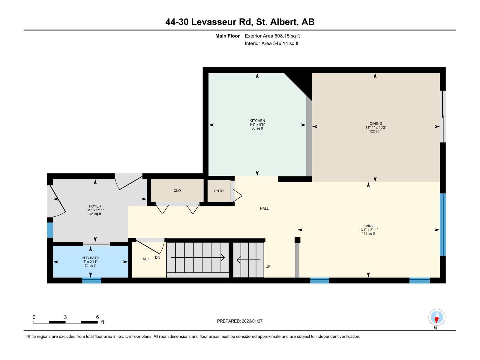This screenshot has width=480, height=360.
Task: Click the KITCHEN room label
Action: click(x=257, y=121)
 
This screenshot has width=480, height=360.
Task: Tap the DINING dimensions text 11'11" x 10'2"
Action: click(x=376, y=127)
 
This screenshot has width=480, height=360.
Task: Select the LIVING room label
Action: click(x=368, y=226)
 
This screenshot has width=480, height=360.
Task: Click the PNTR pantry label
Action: click(x=219, y=191)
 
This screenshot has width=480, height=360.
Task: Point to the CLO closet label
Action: click(x=177, y=190)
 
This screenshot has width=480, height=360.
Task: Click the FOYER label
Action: click(x=95, y=206)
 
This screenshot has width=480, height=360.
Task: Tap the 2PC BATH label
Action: click(x=90, y=258)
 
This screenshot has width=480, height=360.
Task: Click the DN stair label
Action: click(x=157, y=257)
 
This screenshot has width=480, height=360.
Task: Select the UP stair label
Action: click(x=268, y=266)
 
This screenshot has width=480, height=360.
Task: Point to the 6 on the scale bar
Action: click(x=97, y=317)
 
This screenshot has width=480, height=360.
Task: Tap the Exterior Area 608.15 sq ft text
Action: click(x=272, y=36)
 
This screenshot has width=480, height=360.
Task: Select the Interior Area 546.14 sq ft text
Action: click(x=271, y=43)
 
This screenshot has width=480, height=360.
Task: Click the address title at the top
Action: click(x=240, y=22)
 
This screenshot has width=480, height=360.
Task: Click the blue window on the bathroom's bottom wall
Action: click(x=91, y=280)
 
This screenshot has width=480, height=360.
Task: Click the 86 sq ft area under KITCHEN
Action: click(x=257, y=128)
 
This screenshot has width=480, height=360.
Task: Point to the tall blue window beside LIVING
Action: click(x=442, y=224)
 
